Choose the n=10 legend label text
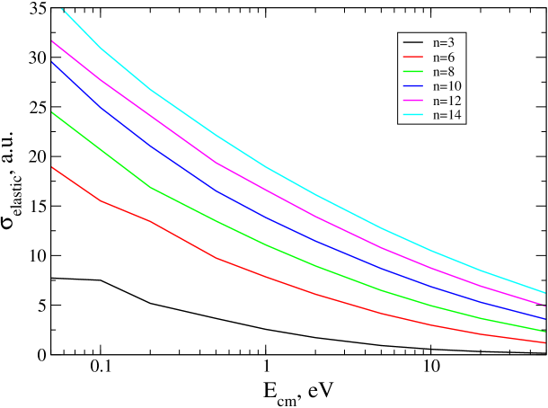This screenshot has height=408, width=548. tap(446, 86)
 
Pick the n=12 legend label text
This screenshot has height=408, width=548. tap(446, 101)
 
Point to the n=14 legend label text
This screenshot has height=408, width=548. tap(446, 116)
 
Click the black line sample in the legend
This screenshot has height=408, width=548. tap(413, 43)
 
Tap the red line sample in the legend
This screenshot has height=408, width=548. tap(413, 58)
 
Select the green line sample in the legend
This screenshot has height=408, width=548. tap(413, 72)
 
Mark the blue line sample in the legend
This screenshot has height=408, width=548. tap(413, 87)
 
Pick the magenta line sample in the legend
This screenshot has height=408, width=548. tap(413, 102)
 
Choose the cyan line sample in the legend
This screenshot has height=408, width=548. tap(413, 116)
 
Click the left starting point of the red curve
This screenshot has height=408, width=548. tap(53, 167)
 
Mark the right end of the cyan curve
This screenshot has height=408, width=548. tap(545, 292)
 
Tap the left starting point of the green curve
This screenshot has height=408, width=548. tap(53, 112)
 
